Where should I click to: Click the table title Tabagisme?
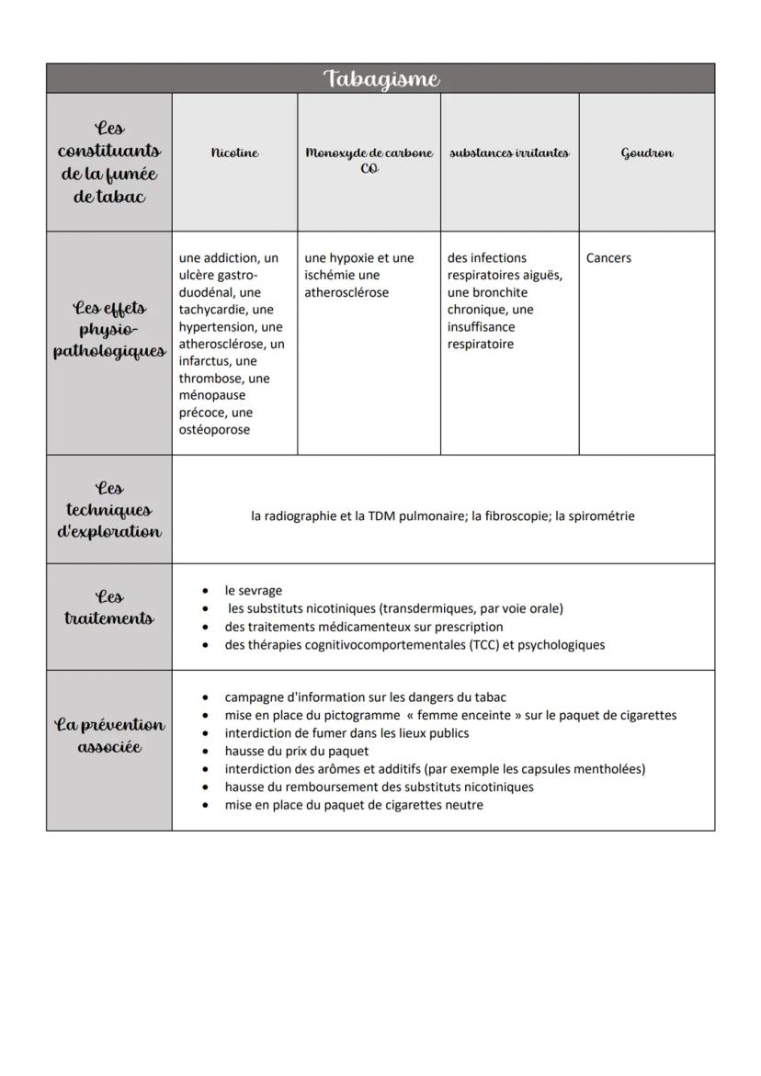380,79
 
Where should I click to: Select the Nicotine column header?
234,153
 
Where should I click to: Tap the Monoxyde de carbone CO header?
369,160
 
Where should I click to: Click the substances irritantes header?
509,153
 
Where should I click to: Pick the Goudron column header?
646,153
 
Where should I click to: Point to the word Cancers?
608,258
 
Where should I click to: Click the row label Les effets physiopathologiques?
109,330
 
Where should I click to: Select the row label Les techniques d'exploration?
109,510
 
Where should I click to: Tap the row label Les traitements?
109,607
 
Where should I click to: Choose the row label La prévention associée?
109,735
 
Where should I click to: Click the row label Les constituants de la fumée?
109,163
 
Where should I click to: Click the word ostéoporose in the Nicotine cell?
214,430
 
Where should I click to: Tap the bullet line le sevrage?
253,591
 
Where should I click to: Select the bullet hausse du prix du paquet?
296,752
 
